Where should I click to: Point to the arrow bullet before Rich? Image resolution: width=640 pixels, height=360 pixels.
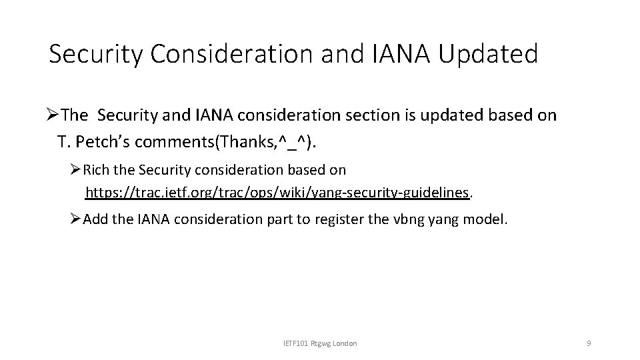pos(75,171)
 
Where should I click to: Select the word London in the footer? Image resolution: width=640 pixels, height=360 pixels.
pos(344,343)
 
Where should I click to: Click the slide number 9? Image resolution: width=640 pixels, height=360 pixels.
pos(588,343)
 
